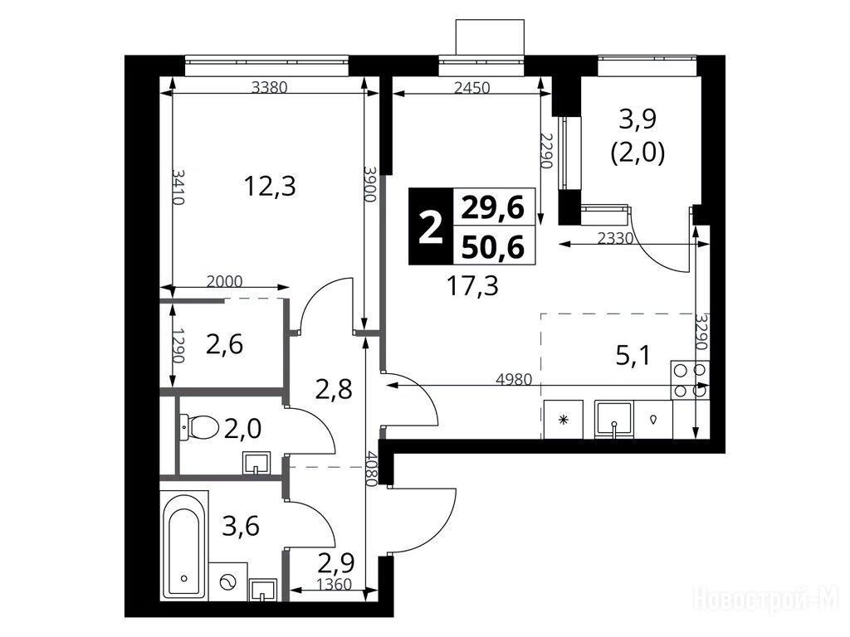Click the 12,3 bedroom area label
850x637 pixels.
tap(270, 187)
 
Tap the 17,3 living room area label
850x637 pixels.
tap(472, 285)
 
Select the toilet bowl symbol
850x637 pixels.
tap(199, 427)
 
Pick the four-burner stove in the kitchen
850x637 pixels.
tap(690, 380)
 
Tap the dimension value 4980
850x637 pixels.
tap(514, 378)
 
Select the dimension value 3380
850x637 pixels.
tap(270, 86)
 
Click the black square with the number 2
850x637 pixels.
tap(431, 226)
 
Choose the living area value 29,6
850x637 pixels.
tap(493, 207)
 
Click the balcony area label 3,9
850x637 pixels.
tap(637, 119)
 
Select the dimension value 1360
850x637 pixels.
tap(335, 585)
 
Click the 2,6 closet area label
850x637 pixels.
tap(224, 344)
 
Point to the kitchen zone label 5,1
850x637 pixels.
tap(633, 356)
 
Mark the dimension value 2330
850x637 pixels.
tap(615, 238)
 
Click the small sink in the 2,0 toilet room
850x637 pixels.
tap(256, 464)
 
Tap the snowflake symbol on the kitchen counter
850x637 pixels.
tap(564, 419)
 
